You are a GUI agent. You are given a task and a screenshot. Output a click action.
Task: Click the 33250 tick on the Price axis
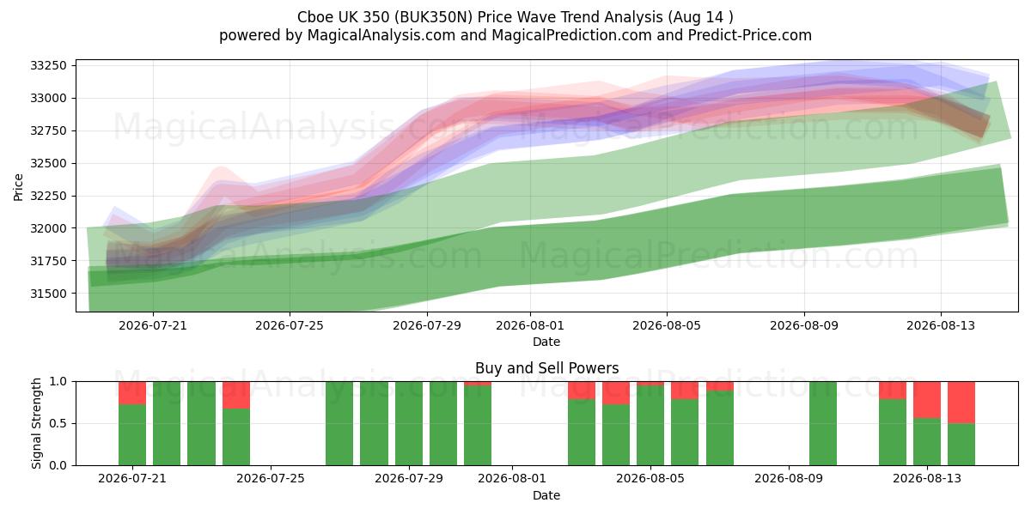point(48,65)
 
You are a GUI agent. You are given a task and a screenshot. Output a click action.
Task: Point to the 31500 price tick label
point(48,294)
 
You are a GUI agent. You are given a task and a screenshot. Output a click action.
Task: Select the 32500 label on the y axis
point(48,163)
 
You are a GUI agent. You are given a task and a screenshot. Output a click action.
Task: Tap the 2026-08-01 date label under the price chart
point(530,325)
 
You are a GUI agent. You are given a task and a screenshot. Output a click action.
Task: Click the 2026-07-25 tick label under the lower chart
point(271,478)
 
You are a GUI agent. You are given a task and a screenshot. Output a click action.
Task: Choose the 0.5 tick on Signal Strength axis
point(59,423)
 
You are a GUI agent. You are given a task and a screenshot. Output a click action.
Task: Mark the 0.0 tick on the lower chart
point(59,465)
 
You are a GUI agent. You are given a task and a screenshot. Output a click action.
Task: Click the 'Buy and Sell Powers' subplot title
point(546,368)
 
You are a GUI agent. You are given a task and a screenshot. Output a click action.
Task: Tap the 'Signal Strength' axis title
point(36,423)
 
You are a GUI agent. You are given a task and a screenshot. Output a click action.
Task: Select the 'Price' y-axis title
point(18,187)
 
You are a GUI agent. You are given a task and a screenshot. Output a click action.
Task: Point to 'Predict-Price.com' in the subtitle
point(750,35)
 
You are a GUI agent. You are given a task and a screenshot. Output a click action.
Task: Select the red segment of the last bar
point(961,403)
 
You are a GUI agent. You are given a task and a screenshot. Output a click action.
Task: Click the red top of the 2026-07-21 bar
point(132,393)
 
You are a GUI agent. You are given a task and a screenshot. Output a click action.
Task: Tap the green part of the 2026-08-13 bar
point(927,441)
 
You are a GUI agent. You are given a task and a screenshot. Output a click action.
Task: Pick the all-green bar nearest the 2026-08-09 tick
point(823,423)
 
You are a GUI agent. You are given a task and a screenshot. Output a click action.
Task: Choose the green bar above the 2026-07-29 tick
point(409,423)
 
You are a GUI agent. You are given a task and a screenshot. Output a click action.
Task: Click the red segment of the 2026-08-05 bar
point(650,384)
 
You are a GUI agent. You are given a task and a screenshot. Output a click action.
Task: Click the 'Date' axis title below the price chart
point(546,342)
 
